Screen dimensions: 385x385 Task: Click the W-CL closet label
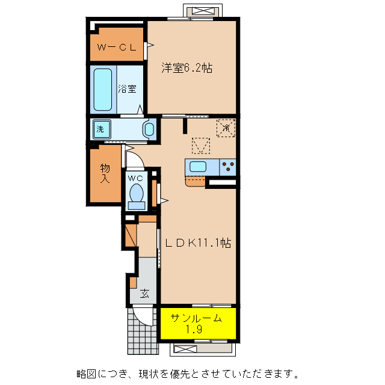click(x=117, y=47)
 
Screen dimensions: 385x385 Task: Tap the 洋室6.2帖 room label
click(x=186, y=68)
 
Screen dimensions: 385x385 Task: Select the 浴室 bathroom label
click(x=127, y=88)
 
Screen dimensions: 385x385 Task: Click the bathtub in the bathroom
click(x=103, y=88)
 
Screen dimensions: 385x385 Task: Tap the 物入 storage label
click(x=105, y=174)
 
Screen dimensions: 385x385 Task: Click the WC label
click(x=136, y=178)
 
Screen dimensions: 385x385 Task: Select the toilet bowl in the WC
click(x=137, y=194)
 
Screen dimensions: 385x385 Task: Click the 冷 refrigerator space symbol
click(x=226, y=128)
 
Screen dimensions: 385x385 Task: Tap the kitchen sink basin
click(x=198, y=167)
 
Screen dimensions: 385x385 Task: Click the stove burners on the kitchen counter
click(x=228, y=166)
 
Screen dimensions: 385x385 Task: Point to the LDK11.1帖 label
click(x=199, y=243)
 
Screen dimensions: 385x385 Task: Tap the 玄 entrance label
click(x=146, y=294)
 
